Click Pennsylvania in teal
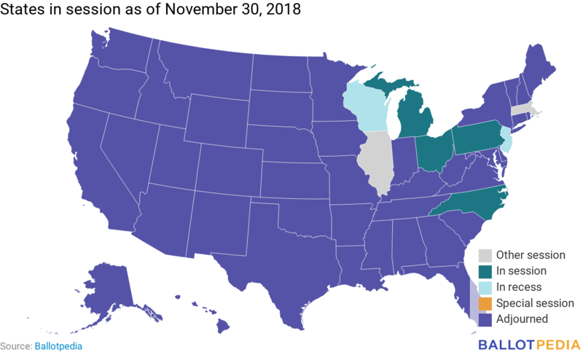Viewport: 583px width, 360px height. point(477,136)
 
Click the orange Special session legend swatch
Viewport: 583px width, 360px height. point(484,303)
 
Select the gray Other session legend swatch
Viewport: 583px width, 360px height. point(484,255)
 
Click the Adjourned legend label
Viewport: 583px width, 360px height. point(522,319)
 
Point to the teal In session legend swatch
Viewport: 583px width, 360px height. point(484,271)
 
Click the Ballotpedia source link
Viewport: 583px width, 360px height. point(58,347)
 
